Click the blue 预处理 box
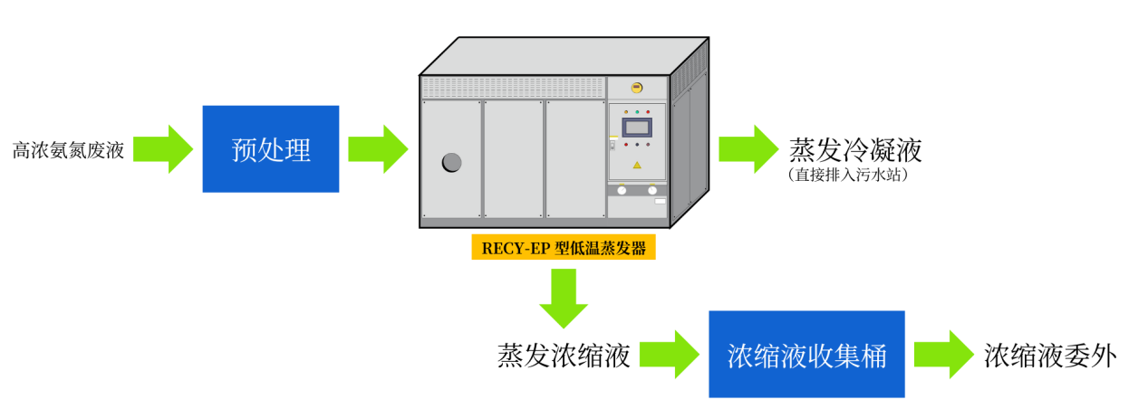click(x=271, y=149)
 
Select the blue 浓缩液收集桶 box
click(x=806, y=355)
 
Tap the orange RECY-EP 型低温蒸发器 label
click(x=563, y=248)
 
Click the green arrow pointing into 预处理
click(x=162, y=149)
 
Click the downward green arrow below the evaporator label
click(x=564, y=298)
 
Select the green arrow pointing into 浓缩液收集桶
click(x=669, y=355)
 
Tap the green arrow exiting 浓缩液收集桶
click(x=943, y=355)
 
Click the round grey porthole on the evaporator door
click(x=451, y=162)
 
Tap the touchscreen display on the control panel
click(x=637, y=128)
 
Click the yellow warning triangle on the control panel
click(x=637, y=165)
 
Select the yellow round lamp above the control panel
click(x=637, y=88)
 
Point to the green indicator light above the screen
click(x=637, y=112)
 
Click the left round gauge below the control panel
click(x=622, y=190)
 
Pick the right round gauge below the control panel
click(x=652, y=190)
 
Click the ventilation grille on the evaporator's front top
click(x=513, y=87)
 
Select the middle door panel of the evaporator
click(x=513, y=159)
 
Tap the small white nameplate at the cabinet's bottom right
click(x=660, y=201)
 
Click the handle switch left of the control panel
click(x=613, y=143)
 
